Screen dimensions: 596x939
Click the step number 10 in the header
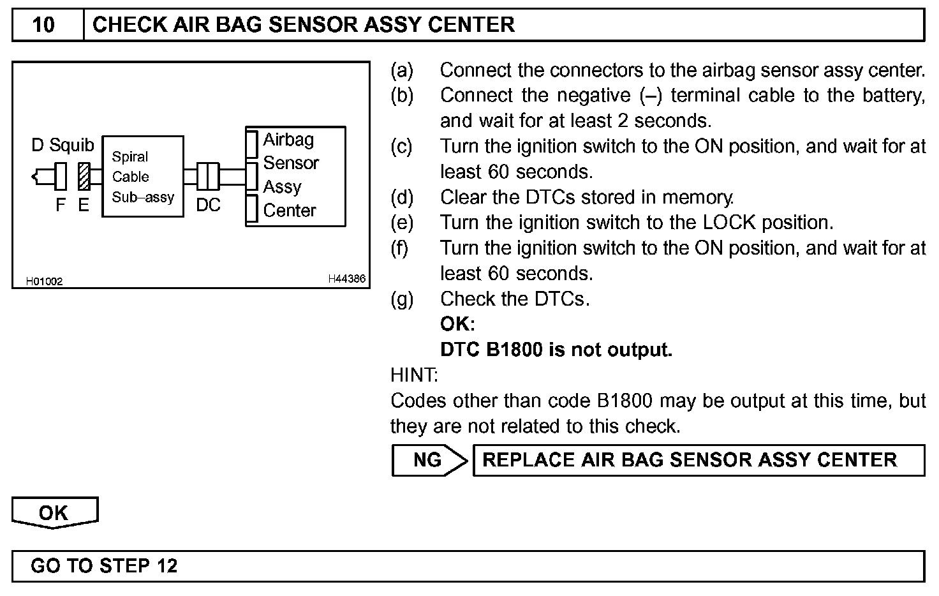click(43, 25)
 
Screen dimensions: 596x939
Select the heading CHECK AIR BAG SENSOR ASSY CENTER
click(303, 25)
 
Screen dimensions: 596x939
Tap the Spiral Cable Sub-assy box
click(143, 177)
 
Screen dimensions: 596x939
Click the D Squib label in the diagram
click(63, 145)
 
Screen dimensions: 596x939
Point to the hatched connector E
click(84, 176)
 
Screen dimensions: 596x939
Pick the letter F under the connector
click(61, 205)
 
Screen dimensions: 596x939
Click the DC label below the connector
click(208, 205)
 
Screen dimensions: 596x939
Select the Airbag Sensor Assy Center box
click(295, 175)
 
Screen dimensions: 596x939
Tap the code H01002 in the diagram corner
click(44, 281)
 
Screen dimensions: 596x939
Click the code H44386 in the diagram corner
click(347, 279)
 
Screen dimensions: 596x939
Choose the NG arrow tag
click(429, 460)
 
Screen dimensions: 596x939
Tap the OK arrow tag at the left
click(54, 513)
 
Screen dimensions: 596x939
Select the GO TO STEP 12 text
click(104, 566)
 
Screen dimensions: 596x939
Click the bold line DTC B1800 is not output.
click(556, 350)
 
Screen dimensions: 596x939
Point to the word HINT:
click(414, 375)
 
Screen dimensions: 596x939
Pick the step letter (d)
click(402, 197)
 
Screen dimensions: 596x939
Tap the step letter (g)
click(402, 299)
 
